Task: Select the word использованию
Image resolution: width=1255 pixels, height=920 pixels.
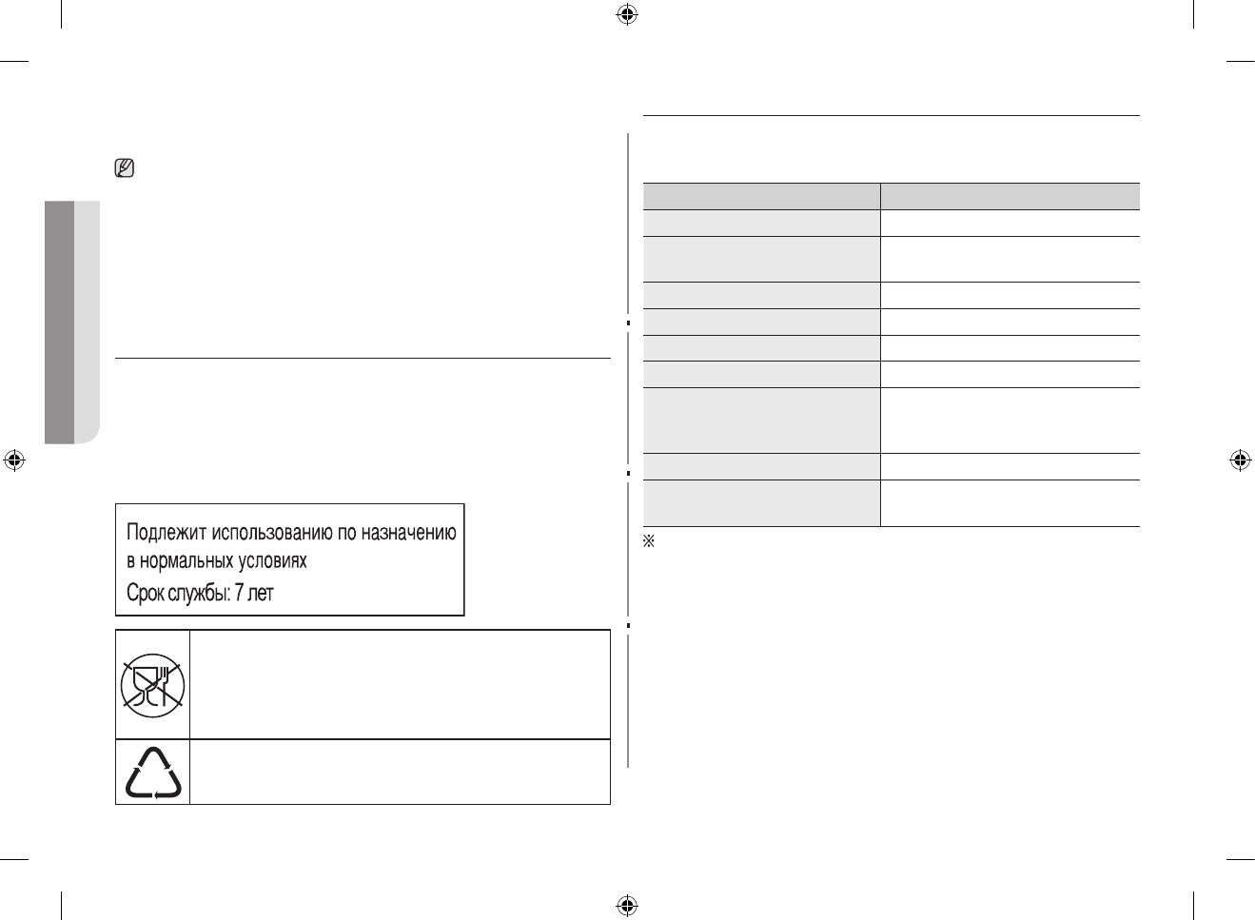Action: click(271, 533)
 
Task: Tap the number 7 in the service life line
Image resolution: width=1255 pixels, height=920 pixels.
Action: click(240, 593)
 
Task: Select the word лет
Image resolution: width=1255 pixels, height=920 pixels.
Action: click(261, 593)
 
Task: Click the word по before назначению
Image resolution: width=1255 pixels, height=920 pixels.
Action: click(348, 533)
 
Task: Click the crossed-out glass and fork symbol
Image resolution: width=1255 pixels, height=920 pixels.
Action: click(152, 685)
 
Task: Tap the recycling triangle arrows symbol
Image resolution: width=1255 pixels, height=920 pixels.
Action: click(153, 772)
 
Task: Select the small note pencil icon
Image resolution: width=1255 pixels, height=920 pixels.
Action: click(124, 170)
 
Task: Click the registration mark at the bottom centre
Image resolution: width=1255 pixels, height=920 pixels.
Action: click(626, 904)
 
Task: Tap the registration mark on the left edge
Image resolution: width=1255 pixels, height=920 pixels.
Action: click(13, 460)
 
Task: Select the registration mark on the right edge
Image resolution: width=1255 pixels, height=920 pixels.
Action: click(1240, 460)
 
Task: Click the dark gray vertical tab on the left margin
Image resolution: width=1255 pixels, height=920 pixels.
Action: click(59, 322)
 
